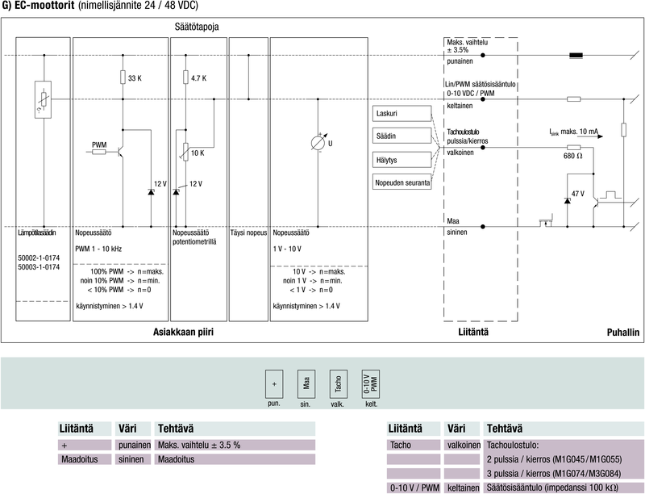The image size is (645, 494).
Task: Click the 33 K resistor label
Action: [x=135, y=78]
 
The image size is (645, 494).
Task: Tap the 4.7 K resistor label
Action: [x=199, y=78]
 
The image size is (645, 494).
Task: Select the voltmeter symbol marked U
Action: [x=318, y=143]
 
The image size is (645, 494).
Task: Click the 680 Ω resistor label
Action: [x=574, y=156]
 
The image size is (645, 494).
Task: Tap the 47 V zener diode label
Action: [x=577, y=195]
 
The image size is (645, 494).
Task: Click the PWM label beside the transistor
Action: [x=99, y=145]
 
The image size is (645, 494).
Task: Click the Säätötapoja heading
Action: [x=197, y=27]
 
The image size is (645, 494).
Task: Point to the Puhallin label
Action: [x=622, y=332]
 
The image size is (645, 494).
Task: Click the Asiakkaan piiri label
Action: [x=189, y=332]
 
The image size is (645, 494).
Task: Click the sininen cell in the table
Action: [x=134, y=459]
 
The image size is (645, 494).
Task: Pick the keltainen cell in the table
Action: [x=463, y=488]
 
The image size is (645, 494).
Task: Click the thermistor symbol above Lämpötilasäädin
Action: [x=44, y=100]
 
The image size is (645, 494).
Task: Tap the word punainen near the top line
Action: [x=461, y=61]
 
